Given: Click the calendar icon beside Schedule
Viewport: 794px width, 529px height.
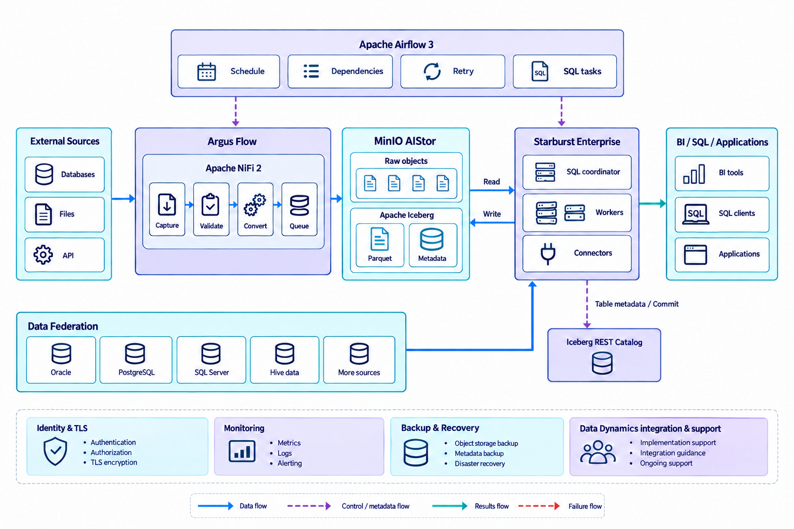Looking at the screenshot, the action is (x=206, y=72).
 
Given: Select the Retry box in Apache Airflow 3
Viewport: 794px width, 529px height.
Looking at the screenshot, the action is (x=452, y=71).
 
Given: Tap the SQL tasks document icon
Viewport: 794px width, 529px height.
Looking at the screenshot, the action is (x=540, y=71).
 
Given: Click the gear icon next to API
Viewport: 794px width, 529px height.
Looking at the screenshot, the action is (x=43, y=254).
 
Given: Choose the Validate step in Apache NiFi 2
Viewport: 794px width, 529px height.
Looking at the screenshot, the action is (x=211, y=209).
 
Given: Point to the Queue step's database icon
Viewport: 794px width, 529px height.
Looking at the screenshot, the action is (x=299, y=206).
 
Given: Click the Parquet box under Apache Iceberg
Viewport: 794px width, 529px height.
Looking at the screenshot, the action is (x=379, y=245).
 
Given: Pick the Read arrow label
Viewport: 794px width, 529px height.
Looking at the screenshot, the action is (x=492, y=182).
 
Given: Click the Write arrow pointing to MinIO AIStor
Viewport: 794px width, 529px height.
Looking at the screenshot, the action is (x=492, y=223).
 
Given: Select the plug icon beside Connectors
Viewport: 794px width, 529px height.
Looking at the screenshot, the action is (x=547, y=254).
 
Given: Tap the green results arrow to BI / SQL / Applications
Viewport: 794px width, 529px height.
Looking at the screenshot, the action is (x=652, y=204).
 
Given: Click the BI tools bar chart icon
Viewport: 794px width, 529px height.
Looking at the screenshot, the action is (x=694, y=174).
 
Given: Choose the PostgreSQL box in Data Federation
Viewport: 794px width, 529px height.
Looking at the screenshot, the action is (x=136, y=360).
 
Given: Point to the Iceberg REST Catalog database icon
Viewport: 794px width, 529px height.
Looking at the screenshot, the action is (x=602, y=363).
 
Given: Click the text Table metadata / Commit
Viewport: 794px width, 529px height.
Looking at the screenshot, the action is (x=637, y=304).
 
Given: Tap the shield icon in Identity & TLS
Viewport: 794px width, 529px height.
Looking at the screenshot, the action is (x=55, y=451).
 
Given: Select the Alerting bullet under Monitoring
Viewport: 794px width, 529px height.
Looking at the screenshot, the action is (x=289, y=463).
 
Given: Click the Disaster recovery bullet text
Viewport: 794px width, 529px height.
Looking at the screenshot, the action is (x=480, y=463).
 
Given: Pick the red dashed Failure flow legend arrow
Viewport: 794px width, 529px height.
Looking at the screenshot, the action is (x=539, y=506).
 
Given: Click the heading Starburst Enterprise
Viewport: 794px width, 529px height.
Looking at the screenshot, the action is (x=577, y=142).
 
